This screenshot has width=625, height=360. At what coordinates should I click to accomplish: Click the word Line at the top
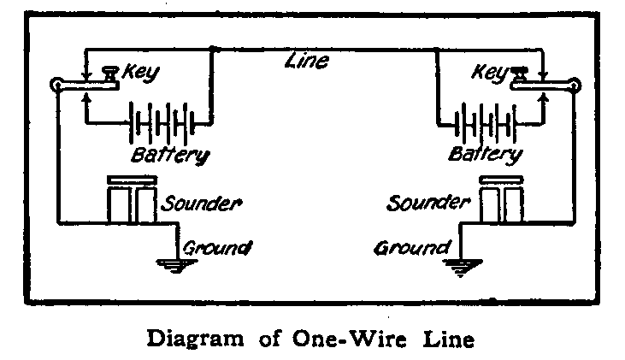(310, 62)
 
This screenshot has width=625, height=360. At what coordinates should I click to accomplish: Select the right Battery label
(485, 156)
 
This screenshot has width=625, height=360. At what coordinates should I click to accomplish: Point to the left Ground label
(217, 248)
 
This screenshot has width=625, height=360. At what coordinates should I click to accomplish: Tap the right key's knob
(520, 73)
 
